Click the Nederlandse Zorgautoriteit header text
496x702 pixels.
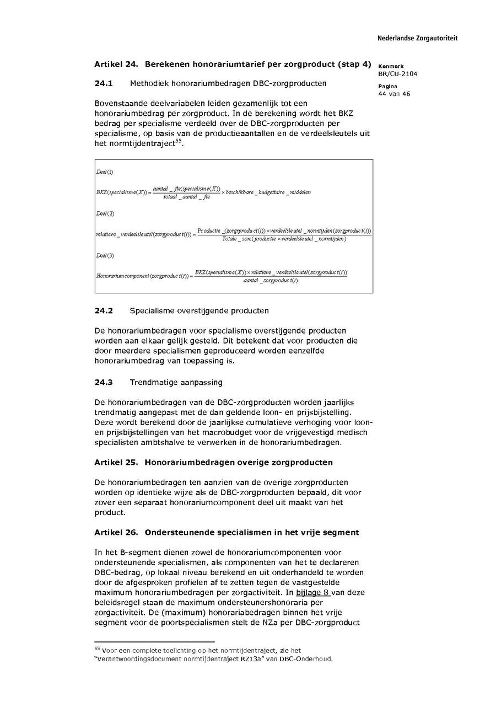point(417,38)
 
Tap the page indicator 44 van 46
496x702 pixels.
point(394,94)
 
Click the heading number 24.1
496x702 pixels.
point(104,84)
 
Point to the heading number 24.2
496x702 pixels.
point(104,311)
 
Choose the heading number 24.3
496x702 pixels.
point(104,382)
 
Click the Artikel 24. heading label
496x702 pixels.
point(116,65)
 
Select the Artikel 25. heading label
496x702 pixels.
point(116,462)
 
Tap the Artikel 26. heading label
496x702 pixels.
point(116,532)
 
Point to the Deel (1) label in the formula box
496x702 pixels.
point(105,172)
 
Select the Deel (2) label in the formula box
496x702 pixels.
point(105,213)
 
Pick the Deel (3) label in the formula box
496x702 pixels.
point(105,256)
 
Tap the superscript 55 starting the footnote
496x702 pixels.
point(97,649)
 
